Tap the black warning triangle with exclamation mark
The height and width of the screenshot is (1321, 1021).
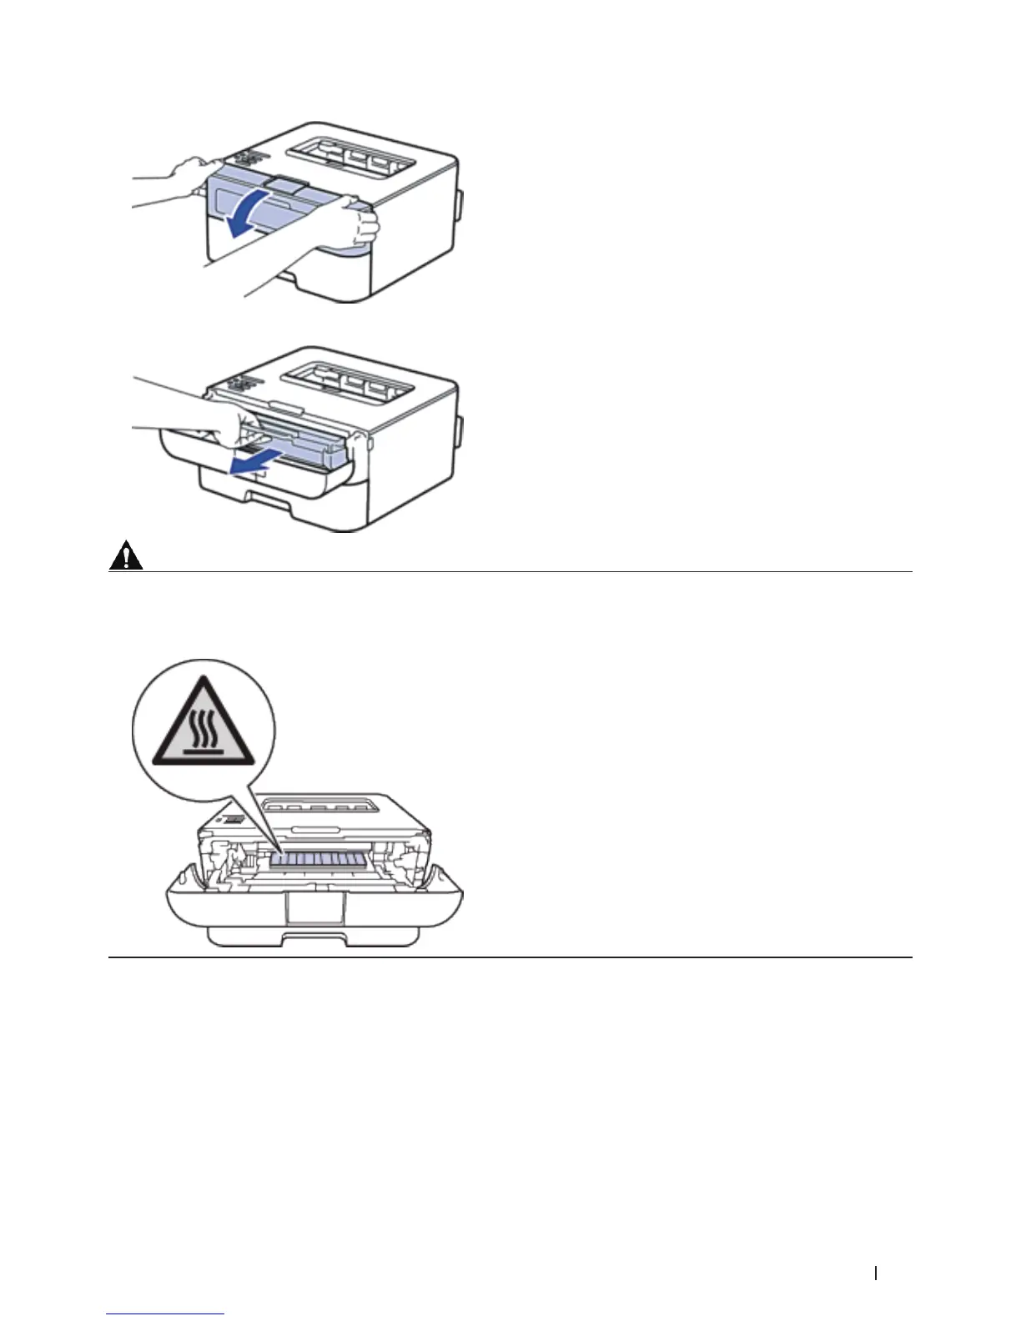coord(126,555)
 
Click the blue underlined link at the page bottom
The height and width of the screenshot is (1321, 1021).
coord(166,1313)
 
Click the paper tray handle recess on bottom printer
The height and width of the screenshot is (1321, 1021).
coord(313,937)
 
